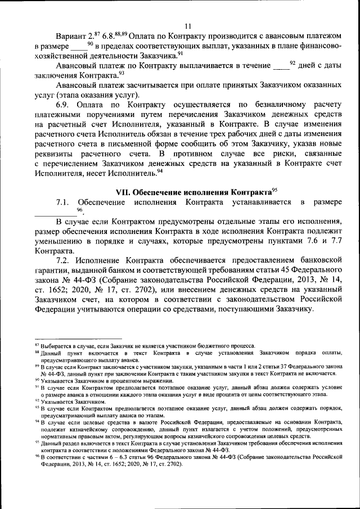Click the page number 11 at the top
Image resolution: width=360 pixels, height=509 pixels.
(x=187, y=25)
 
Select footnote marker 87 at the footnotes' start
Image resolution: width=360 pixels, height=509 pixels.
(x=37, y=345)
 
